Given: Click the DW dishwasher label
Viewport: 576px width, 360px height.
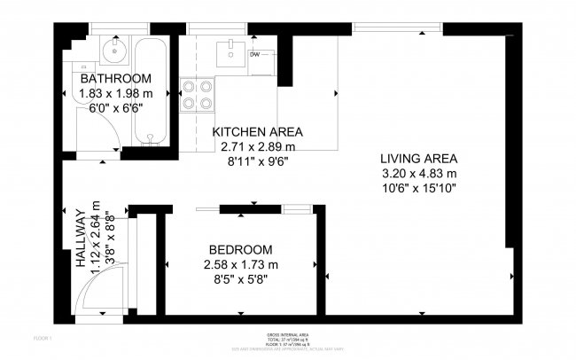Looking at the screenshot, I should click(x=254, y=55).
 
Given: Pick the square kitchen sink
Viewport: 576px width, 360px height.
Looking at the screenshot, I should click(x=229, y=51).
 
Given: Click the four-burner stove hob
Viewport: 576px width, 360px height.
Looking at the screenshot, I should click(x=197, y=95).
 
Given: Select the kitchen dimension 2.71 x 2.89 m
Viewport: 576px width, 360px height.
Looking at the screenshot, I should click(x=258, y=146).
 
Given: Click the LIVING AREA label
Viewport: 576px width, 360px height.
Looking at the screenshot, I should click(x=419, y=159).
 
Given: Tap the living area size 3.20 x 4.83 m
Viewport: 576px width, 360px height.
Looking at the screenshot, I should click(x=419, y=173).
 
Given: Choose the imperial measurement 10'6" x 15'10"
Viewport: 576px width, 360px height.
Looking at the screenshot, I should click(x=419, y=188).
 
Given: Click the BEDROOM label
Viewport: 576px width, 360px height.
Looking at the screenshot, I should click(x=241, y=250).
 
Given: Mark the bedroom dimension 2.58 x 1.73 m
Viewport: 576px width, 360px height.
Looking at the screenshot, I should click(x=241, y=264).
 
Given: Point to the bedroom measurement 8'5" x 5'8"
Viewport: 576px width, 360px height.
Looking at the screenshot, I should click(x=241, y=279).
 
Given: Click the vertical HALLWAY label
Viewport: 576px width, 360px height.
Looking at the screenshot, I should click(x=81, y=239).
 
